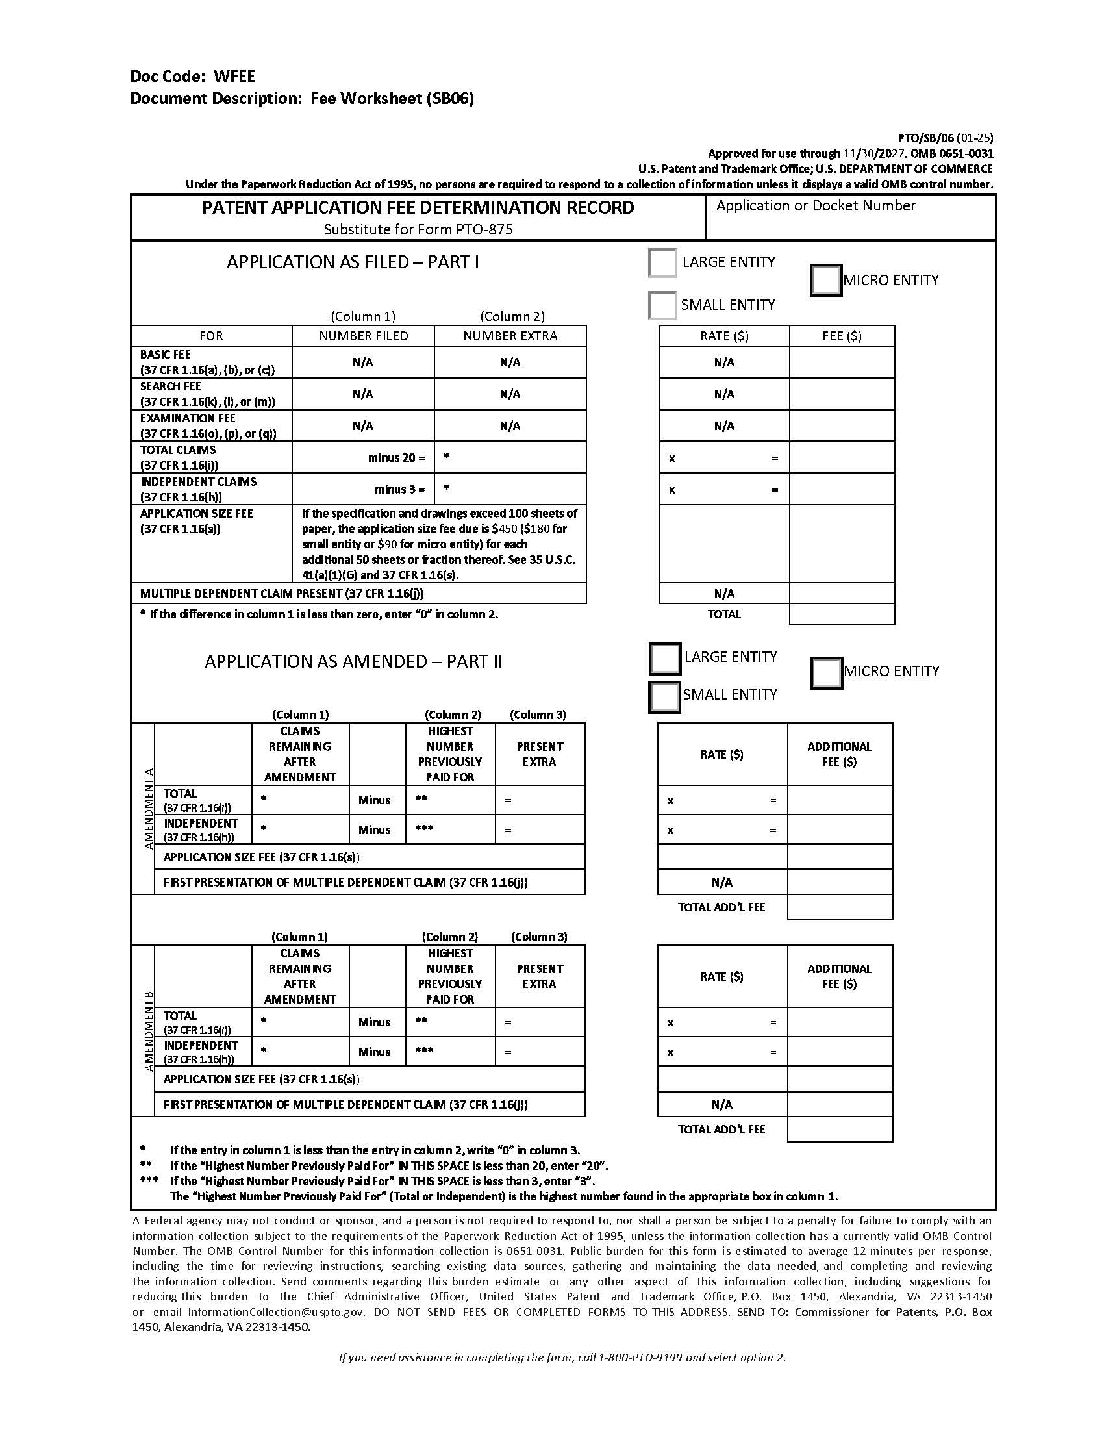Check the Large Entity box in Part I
[662, 263]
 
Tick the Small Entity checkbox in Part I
[662, 305]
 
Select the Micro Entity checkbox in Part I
[825, 280]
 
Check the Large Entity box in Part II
[664, 658]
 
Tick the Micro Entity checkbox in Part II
[826, 673]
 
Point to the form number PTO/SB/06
[926, 138]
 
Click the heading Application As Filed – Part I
[353, 262]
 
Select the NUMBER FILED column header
[363, 336]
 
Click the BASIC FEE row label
[166, 355]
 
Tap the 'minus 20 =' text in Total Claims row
[395, 458]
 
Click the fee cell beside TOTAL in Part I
[841, 614]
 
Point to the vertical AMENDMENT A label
[149, 808]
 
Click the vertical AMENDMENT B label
[149, 1031]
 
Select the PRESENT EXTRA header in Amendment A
[539, 753]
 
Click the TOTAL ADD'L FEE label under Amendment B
[721, 1130]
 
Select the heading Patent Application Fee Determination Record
[418, 208]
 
